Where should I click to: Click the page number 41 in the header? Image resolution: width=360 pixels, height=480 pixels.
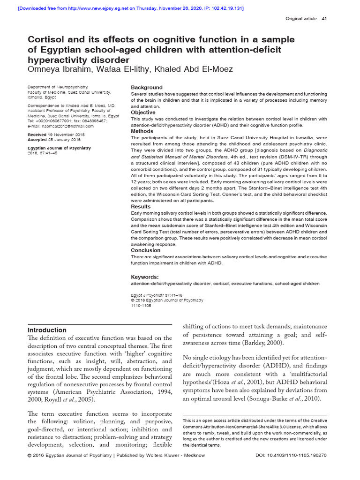pyautogui.click(x=324, y=19)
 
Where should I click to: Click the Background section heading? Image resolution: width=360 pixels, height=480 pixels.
pyautogui.click(x=146, y=88)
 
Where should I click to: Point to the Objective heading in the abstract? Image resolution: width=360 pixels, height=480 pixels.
pyautogui.click(x=143, y=112)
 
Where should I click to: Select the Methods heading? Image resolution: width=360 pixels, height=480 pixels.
pyautogui.click(x=142, y=132)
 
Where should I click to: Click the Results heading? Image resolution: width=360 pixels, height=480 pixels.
pyautogui.click(x=141, y=207)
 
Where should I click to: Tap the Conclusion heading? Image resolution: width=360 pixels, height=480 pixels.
pyautogui.click(x=145, y=250)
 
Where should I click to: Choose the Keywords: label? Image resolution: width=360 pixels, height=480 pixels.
pyautogui.click(x=144, y=277)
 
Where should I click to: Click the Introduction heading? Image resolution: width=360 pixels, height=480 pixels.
pyautogui.click(x=47, y=330)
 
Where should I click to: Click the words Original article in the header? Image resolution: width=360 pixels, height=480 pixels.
pyautogui.click(x=301, y=19)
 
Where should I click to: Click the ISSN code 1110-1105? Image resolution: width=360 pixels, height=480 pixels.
pyautogui.click(x=141, y=305)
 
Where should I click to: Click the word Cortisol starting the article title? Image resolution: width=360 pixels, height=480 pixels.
pyautogui.click(x=47, y=39)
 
